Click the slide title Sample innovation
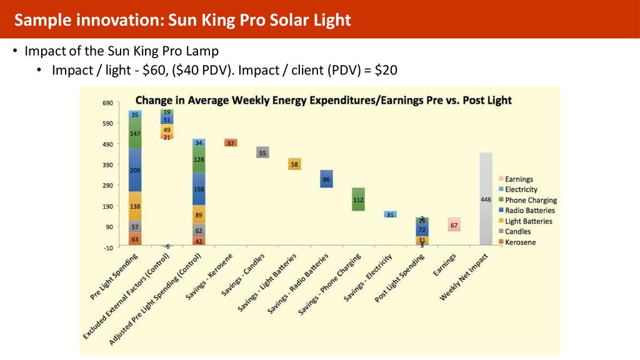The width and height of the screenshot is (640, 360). pyautogui.click(x=182, y=20)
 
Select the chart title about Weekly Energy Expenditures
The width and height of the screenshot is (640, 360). pyautogui.click(x=323, y=100)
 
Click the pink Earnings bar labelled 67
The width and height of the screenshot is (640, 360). pyautogui.click(x=454, y=225)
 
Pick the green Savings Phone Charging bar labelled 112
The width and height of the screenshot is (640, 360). pyautogui.click(x=358, y=199)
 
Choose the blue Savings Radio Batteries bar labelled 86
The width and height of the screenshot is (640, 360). pyautogui.click(x=326, y=179)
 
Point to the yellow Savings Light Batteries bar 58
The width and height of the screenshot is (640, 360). pyautogui.click(x=294, y=164)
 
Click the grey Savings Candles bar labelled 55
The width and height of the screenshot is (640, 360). pyautogui.click(x=262, y=152)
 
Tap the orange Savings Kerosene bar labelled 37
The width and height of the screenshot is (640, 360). pyautogui.click(x=230, y=142)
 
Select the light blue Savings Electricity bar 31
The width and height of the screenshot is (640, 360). pyautogui.click(x=390, y=214)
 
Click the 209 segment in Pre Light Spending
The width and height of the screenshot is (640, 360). pyautogui.click(x=135, y=169)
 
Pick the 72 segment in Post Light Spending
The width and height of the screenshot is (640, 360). pyautogui.click(x=422, y=229)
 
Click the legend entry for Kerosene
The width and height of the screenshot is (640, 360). pyautogui.click(x=520, y=242)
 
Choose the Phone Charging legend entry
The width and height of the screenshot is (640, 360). pyautogui.click(x=530, y=200)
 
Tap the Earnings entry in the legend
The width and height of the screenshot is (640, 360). pyautogui.click(x=519, y=179)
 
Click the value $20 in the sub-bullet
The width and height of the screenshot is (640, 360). pyautogui.click(x=385, y=71)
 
